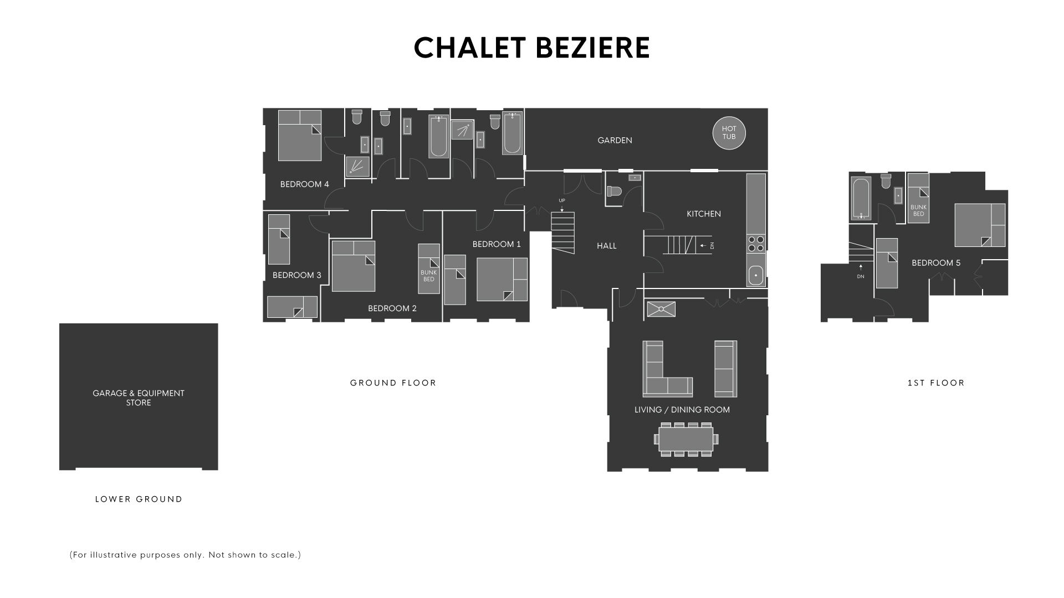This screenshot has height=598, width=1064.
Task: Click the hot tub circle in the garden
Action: (x=729, y=133)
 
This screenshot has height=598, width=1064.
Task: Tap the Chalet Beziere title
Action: (x=532, y=48)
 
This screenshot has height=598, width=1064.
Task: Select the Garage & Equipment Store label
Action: (x=139, y=398)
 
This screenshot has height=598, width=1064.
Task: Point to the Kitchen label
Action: (x=704, y=214)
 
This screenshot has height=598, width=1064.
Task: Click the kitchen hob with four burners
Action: (x=756, y=244)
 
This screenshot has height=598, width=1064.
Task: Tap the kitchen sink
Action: (x=756, y=275)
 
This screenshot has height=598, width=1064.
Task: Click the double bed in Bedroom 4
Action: (x=299, y=135)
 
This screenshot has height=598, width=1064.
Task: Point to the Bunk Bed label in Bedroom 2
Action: (x=428, y=276)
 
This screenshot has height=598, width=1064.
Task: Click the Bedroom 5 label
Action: (x=936, y=263)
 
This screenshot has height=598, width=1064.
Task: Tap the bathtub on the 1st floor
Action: (x=861, y=198)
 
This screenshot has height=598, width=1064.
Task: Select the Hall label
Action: (x=607, y=246)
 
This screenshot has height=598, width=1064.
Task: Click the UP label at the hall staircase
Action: (x=562, y=200)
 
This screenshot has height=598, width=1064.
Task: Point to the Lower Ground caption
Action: (x=139, y=499)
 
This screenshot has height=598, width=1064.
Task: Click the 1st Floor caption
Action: (x=936, y=383)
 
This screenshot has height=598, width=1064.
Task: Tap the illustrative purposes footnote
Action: (x=185, y=555)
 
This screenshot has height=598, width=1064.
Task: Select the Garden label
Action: (x=615, y=141)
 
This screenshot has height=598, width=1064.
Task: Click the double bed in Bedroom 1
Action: (x=502, y=280)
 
